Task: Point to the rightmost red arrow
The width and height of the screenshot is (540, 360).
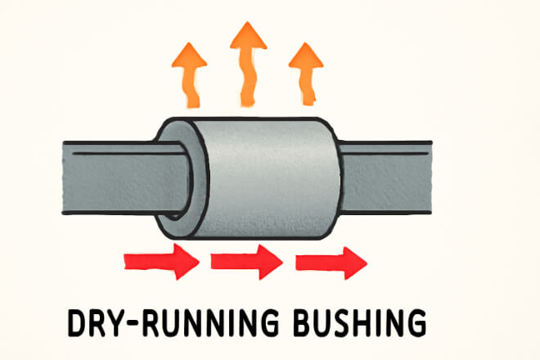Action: point(331,262)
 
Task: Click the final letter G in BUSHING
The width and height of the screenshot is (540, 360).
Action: point(416,322)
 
